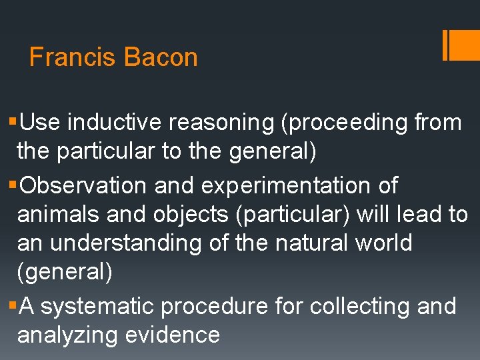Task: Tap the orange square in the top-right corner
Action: point(466,45)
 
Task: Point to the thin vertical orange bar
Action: point(445,45)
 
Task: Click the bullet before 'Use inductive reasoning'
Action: point(13,123)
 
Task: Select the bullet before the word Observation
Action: point(13,185)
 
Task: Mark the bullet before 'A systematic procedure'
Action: point(13,307)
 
